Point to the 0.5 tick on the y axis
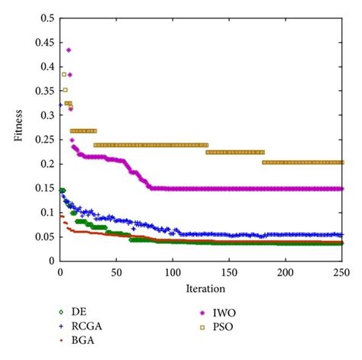(x=47, y=18)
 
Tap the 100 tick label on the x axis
(x=173, y=272)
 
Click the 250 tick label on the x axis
(x=342, y=272)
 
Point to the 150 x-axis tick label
(x=229, y=272)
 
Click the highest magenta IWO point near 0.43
(x=69, y=50)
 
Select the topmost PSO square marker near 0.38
(x=64, y=74)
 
